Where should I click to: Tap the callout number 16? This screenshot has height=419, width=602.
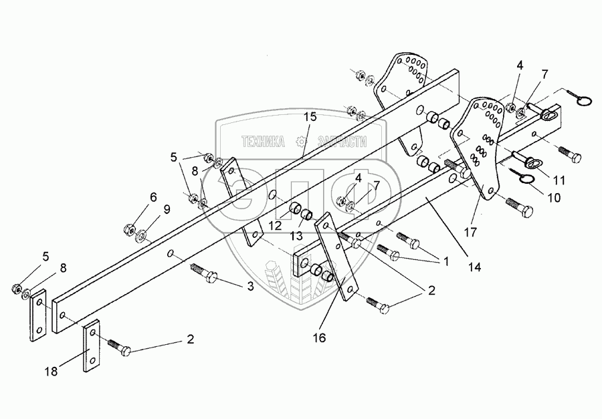(318, 338)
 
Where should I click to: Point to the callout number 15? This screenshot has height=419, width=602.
(309, 117)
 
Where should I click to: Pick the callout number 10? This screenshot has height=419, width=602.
(555, 198)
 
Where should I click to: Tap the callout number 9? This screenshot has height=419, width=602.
(167, 208)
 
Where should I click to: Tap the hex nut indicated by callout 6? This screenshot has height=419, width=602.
(127, 231)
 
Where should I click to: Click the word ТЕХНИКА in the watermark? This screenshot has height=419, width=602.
(263, 141)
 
